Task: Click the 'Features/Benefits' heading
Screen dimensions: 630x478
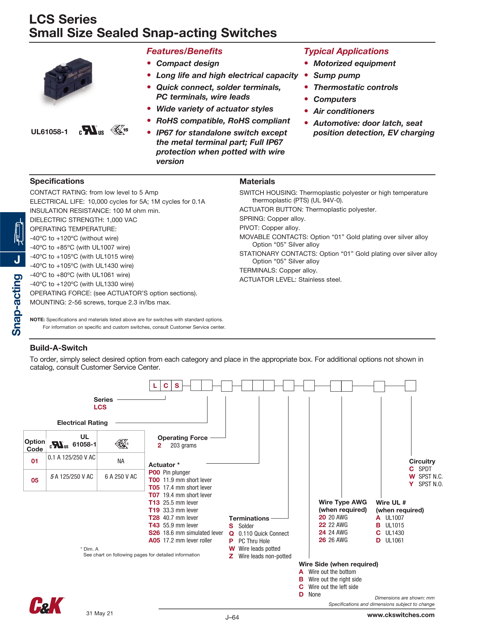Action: [x=184, y=51]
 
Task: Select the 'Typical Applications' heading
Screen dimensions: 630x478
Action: [x=346, y=51]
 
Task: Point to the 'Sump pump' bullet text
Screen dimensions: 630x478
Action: [x=336, y=76]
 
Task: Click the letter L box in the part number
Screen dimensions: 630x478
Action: [x=155, y=386]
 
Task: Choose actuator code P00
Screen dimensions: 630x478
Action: [x=154, y=472]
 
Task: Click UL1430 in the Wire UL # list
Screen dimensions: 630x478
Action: [x=395, y=533]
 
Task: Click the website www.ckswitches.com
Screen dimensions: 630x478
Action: [x=401, y=615]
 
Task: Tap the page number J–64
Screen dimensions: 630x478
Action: [x=232, y=617]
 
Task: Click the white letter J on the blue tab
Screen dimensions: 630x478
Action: [x=17, y=259]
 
